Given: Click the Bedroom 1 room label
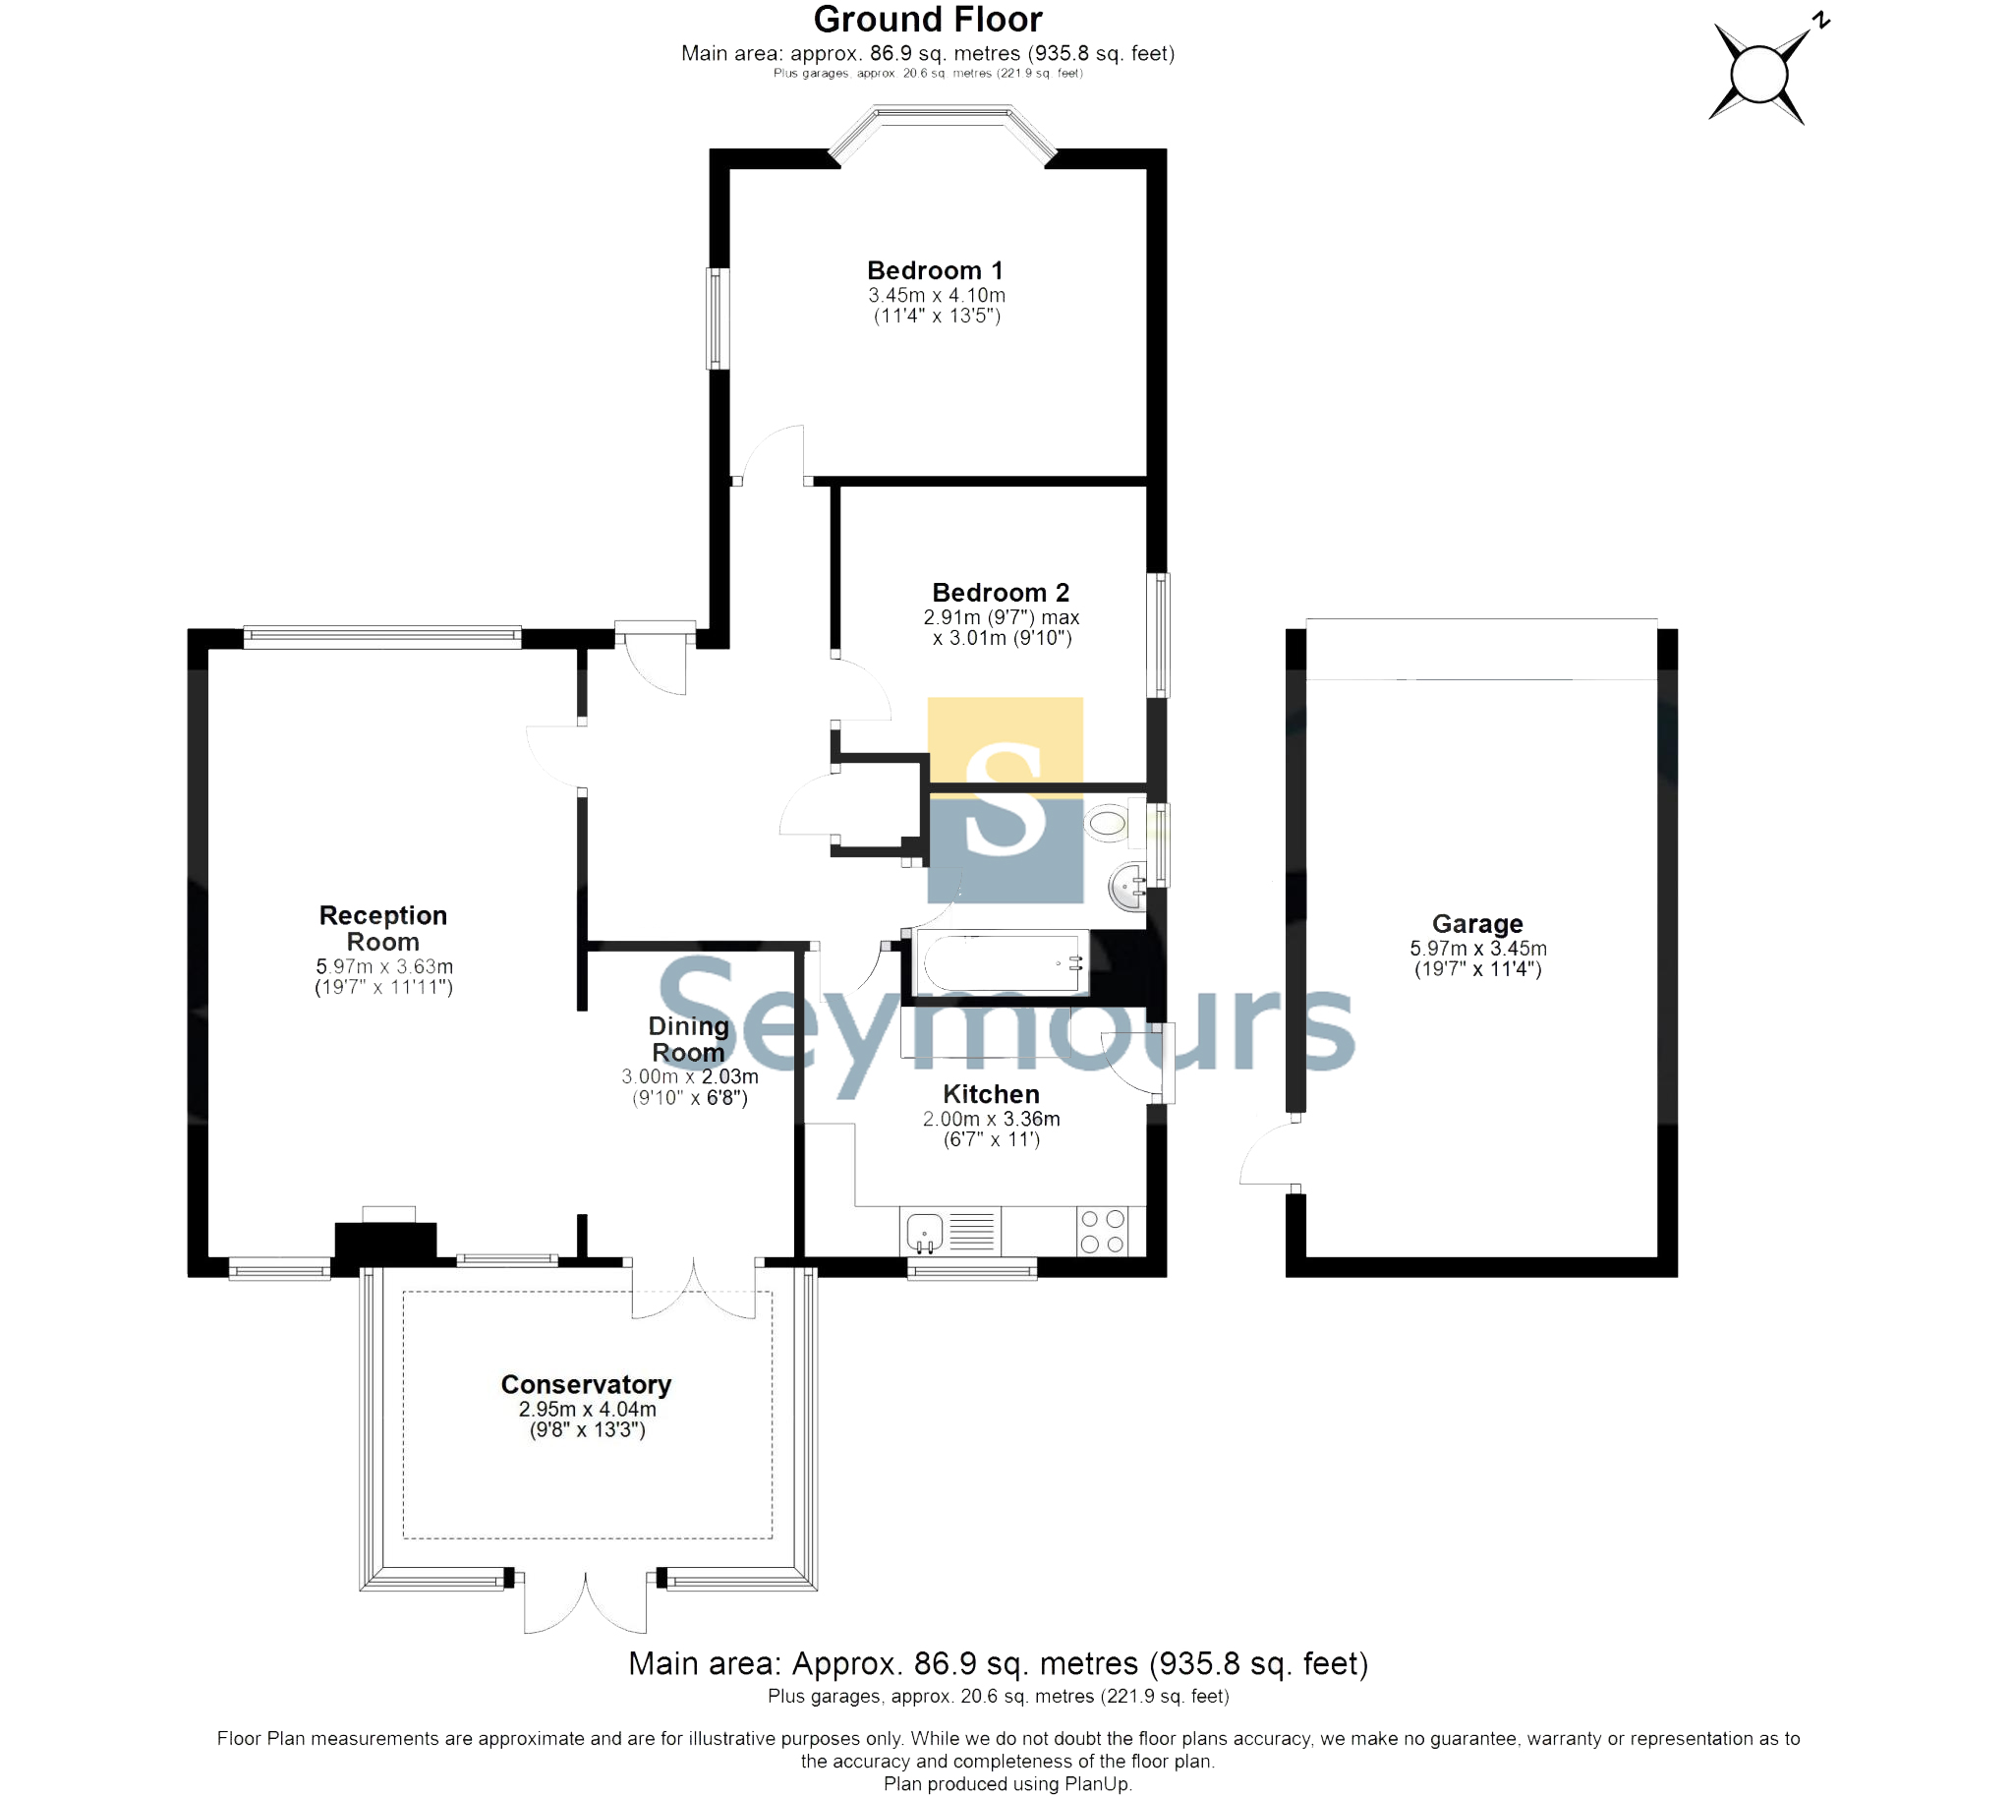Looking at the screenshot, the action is pyautogui.click(x=935, y=270).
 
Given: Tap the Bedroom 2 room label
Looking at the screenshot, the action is pyautogui.click(x=1001, y=592).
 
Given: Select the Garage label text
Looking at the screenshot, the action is pyautogui.click(x=1477, y=924).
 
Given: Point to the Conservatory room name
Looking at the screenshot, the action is pyautogui.click(x=586, y=1384).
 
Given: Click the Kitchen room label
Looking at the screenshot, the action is pyautogui.click(x=991, y=1094).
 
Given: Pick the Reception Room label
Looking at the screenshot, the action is pyautogui.click(x=383, y=929).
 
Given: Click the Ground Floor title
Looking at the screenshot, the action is pyautogui.click(x=928, y=19).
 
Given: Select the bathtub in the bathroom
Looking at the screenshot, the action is pyautogui.click(x=1002, y=962).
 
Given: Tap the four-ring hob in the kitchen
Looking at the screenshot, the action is pyautogui.click(x=1102, y=1232).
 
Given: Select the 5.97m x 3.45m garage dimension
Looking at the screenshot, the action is pyautogui.click(x=1477, y=949).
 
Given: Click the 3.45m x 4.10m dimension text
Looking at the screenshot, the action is pyautogui.click(x=937, y=295).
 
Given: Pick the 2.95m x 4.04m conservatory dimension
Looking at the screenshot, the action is pyautogui.click(x=587, y=1409).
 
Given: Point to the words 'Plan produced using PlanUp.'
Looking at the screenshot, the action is pyautogui.click(x=1007, y=1784).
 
